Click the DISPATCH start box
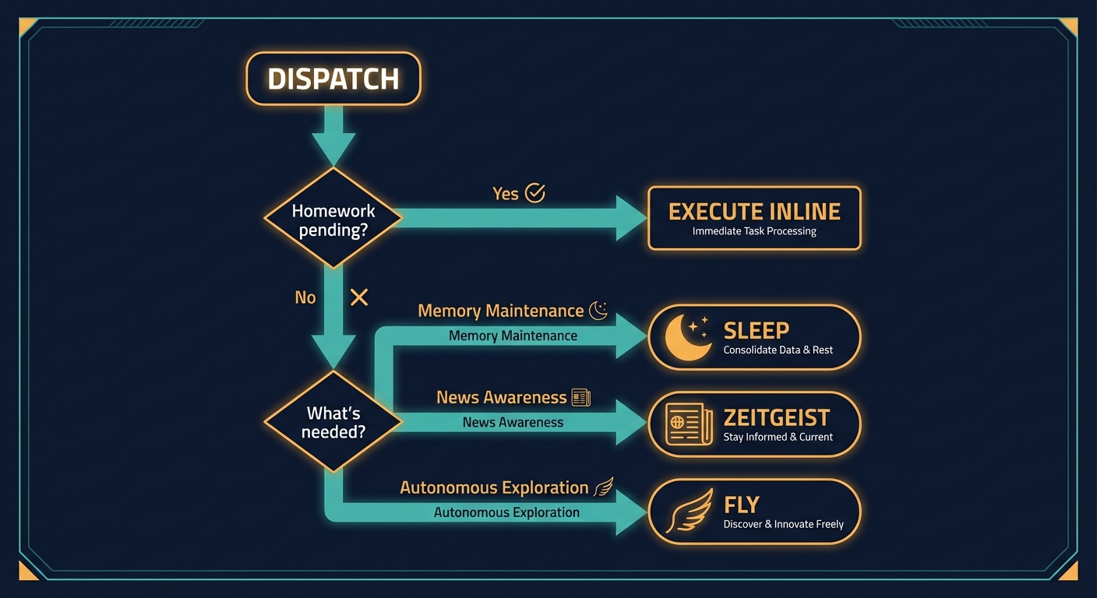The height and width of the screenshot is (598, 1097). click(333, 79)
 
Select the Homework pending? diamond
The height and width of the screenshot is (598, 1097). click(333, 219)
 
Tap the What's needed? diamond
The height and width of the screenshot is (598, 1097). click(333, 422)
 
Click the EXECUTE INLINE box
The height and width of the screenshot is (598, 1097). click(754, 218)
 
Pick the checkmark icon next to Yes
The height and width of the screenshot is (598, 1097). click(535, 193)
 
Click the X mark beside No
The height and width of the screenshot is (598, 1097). click(358, 297)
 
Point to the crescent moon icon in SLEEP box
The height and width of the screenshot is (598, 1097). click(686, 337)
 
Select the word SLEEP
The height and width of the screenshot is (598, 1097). click(756, 330)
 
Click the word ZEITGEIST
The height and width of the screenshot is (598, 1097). click(777, 417)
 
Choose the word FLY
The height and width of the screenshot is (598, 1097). click(741, 505)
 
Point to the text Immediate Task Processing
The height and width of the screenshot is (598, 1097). click(754, 231)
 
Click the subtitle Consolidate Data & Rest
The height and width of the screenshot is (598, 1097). click(778, 350)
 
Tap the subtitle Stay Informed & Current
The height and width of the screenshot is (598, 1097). click(778, 437)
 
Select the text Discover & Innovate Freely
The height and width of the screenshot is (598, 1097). click(783, 524)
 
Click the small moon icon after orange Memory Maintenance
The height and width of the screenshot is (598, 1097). click(598, 311)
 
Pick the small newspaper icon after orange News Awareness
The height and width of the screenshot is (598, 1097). click(581, 398)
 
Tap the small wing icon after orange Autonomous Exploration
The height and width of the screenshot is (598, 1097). click(604, 488)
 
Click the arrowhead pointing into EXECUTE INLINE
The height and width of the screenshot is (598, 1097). click(630, 218)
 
